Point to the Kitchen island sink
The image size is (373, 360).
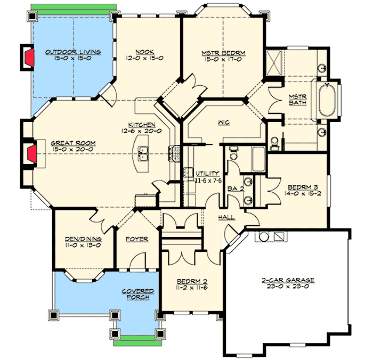coord(143,156)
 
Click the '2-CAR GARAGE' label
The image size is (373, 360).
coord(288,280)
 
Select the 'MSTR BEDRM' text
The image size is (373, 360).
coord(223,53)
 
